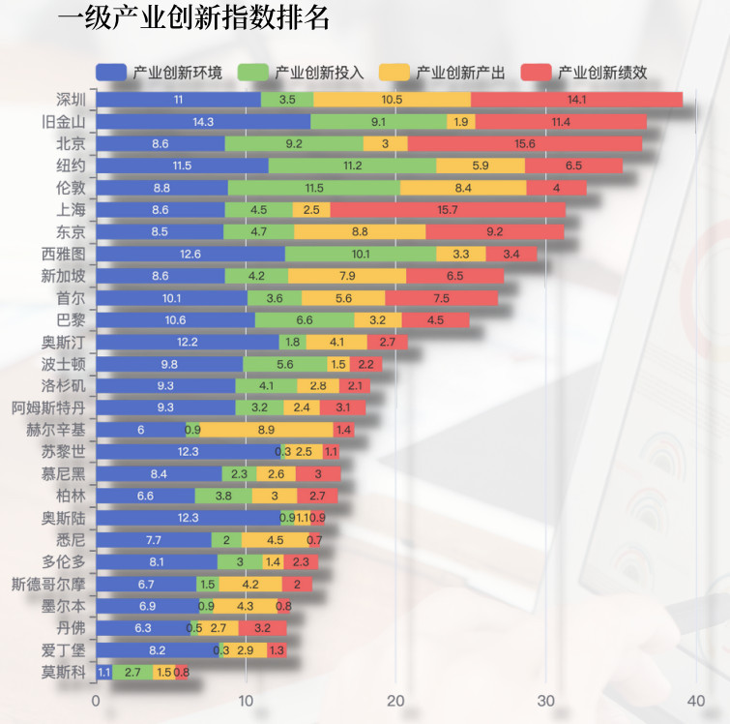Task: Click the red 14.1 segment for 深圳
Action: (x=576, y=100)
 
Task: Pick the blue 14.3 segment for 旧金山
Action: (x=203, y=122)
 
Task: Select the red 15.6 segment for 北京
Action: (x=525, y=143)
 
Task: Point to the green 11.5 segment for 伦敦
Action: (x=313, y=188)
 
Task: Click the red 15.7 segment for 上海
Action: (x=448, y=210)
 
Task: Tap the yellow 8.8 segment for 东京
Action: (x=360, y=231)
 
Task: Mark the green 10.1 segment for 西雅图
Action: (x=361, y=254)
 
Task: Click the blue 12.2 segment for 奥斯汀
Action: (x=188, y=342)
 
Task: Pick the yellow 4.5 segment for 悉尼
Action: (x=275, y=540)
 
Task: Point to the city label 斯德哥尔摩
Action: (x=48, y=584)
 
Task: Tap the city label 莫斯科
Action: (x=64, y=672)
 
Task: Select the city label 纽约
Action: (x=72, y=166)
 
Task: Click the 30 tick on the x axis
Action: (x=546, y=701)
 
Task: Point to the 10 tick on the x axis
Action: (x=247, y=701)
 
